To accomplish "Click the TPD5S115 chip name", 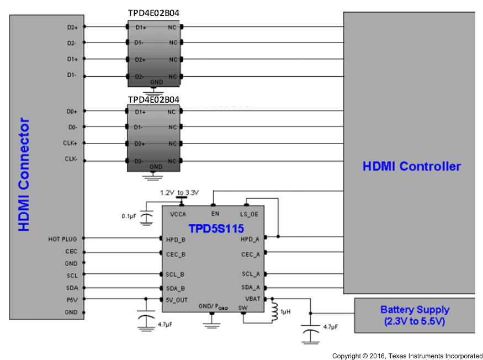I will [x=216, y=227].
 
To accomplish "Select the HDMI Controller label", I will [x=411, y=166].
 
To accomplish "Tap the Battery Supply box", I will [x=415, y=316].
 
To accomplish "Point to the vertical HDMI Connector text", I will [x=24, y=174].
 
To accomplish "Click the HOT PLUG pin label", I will [x=63, y=239].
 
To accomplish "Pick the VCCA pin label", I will [x=178, y=213].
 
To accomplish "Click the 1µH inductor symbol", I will [x=274, y=312].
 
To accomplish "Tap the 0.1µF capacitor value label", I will [x=129, y=216].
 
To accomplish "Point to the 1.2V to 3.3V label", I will [x=179, y=193].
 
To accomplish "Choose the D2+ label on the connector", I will [x=72, y=26].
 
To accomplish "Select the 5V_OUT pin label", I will [x=177, y=300].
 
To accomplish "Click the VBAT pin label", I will [x=252, y=299].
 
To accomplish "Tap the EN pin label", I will [x=214, y=213].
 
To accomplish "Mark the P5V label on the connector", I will [x=71, y=300].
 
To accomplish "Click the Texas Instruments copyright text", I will [x=407, y=356].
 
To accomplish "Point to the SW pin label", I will [x=243, y=308].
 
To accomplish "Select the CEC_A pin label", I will [x=251, y=255].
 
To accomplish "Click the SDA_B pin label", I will [x=175, y=288].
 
